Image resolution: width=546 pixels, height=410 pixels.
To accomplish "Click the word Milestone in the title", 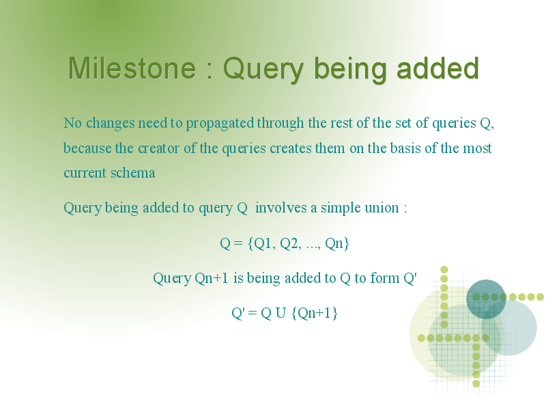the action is tap(132, 68).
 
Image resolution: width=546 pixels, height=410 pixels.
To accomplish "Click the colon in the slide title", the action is tap(210, 70).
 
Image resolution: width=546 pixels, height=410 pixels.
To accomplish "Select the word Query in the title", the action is tap(263, 70).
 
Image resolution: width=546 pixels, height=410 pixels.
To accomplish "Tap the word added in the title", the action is tap(438, 68).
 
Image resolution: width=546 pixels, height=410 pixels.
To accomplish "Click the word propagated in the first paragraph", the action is tap(220, 124).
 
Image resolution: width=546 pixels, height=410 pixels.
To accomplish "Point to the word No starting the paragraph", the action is tap(72, 123).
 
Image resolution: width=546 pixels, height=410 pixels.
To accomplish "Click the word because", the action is tap(87, 148).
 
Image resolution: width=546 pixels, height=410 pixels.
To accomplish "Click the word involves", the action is tap(281, 208).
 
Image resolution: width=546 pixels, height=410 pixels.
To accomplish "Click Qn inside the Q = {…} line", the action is tap(334, 243).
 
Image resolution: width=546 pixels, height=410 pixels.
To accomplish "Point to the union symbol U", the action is tap(281, 313).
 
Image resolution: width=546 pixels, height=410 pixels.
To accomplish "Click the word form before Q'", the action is tap(384, 278).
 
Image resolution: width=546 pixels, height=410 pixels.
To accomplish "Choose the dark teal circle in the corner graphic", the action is tap(486, 299).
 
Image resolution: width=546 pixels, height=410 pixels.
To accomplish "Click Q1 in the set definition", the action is tap(264, 243).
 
